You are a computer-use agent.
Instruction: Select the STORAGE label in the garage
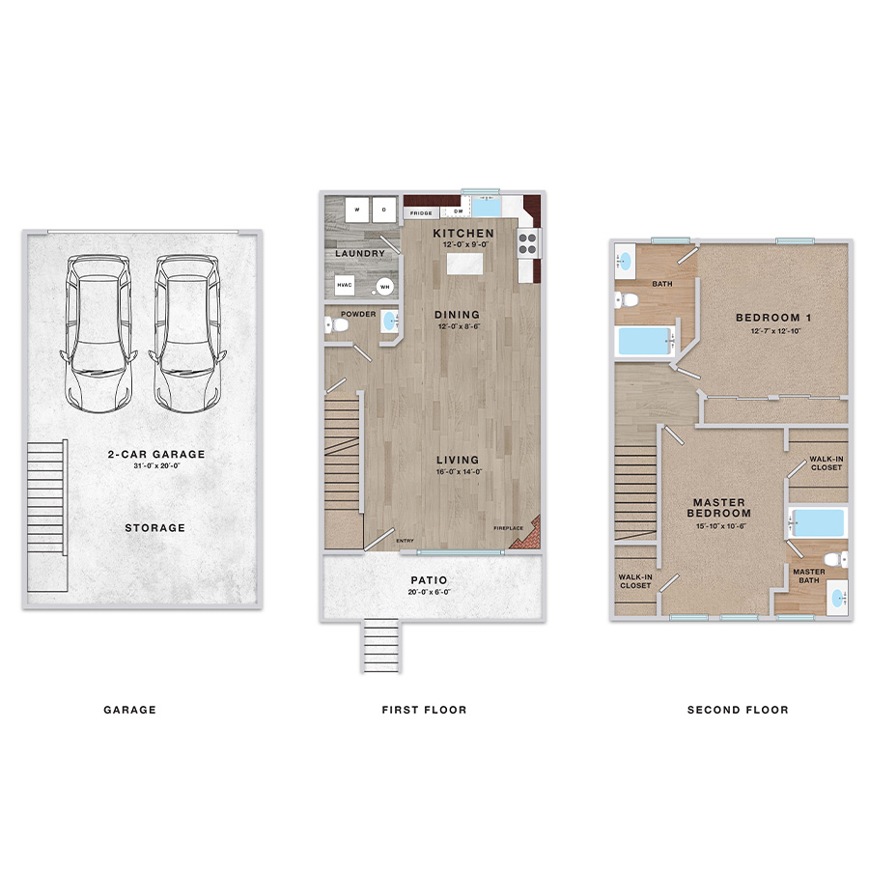click(154, 528)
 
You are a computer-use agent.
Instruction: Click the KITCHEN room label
click(463, 234)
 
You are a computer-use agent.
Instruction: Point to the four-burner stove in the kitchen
click(528, 241)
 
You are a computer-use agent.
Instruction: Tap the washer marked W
click(357, 210)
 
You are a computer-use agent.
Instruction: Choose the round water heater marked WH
click(384, 286)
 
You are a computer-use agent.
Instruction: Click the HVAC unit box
click(345, 286)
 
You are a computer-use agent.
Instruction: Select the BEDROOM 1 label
click(768, 318)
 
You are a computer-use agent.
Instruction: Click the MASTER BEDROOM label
click(719, 508)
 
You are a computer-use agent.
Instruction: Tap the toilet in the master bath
click(836, 559)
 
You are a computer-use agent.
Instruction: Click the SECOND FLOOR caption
click(738, 710)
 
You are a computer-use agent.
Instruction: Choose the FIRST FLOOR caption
click(424, 710)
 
